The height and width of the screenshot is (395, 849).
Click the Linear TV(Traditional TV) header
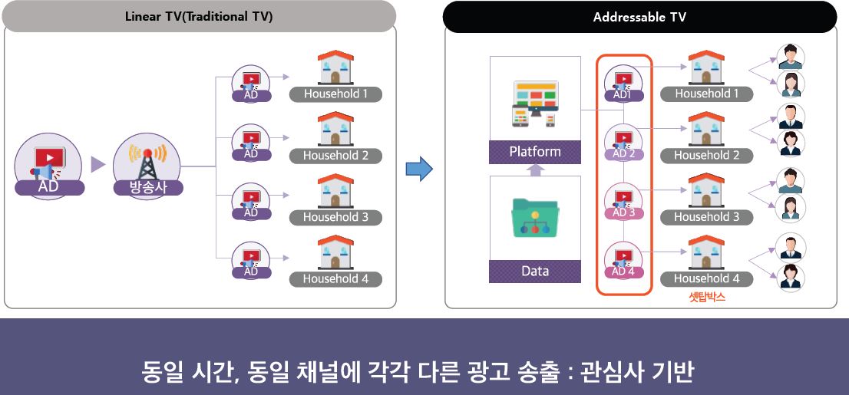[199, 16]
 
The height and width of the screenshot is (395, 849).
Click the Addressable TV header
[639, 17]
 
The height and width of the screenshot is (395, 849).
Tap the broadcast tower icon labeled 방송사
[147, 160]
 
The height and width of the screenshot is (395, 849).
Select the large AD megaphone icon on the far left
[48, 162]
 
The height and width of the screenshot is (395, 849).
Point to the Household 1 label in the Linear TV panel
[335, 94]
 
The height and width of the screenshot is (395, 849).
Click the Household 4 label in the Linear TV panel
[335, 279]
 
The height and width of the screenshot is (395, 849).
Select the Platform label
[535, 152]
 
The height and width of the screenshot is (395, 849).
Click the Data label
[535, 271]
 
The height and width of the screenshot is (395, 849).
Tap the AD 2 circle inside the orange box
[623, 143]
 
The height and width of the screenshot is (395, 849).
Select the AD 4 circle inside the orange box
[623, 262]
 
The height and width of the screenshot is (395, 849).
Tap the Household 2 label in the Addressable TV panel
[706, 156]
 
